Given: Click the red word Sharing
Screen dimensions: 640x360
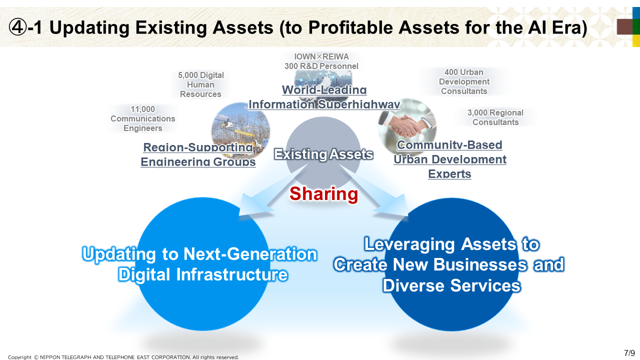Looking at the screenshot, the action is coord(323,194).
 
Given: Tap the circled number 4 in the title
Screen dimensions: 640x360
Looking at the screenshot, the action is coord(17,27).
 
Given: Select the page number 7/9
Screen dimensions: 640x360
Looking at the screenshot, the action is coord(629,353).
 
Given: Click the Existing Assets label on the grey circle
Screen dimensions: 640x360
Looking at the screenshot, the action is coord(323,154).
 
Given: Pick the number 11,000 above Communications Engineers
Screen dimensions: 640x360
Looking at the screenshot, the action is coord(142,109).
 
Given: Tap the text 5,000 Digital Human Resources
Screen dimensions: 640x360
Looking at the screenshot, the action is coord(200,84).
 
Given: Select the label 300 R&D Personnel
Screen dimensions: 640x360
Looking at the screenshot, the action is coord(321,66).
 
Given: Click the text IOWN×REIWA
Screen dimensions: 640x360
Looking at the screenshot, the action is coord(321,57).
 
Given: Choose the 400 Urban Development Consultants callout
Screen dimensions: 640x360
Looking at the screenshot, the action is coord(464,81).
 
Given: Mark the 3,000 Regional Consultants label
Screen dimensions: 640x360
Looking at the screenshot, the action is coord(495,117).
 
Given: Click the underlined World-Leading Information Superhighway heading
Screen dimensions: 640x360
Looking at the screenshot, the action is coord(324,97).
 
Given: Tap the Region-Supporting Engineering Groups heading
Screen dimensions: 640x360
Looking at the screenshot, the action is coord(198,154).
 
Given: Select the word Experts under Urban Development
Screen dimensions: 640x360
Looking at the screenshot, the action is coord(449,173).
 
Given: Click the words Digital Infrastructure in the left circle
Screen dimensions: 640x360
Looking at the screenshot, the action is coord(203,274).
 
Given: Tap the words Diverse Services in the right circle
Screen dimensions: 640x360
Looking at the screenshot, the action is coord(451,285).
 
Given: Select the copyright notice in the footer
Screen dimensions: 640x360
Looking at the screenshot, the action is coord(123,357).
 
